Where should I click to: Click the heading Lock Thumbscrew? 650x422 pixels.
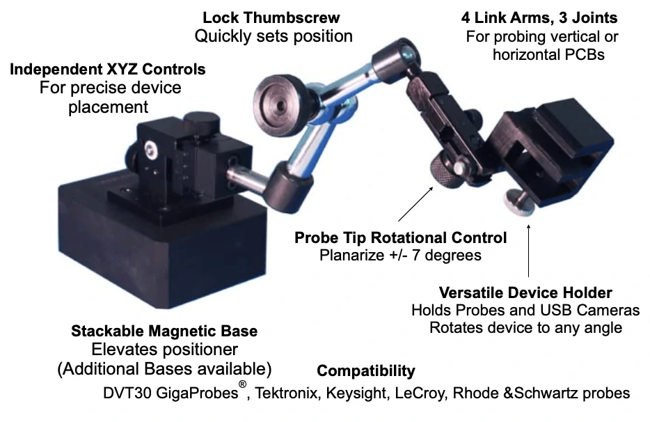tap(271, 18)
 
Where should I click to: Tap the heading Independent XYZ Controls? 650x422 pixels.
tap(108, 70)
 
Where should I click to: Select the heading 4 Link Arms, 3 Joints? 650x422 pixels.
tap(539, 18)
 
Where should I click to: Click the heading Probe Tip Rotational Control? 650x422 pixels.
tap(400, 237)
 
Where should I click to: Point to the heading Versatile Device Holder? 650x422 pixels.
tap(525, 293)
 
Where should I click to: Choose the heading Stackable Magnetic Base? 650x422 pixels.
tap(164, 331)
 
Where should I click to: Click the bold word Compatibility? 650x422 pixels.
tap(365, 371)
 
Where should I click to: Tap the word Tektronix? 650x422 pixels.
tap(286, 393)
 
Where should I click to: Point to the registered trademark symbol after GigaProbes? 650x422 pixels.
tap(242, 384)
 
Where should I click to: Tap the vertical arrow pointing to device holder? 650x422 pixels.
tap(528, 251)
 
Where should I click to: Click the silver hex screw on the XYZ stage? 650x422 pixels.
tap(149, 148)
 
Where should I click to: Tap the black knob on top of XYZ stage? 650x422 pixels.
tap(200, 122)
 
